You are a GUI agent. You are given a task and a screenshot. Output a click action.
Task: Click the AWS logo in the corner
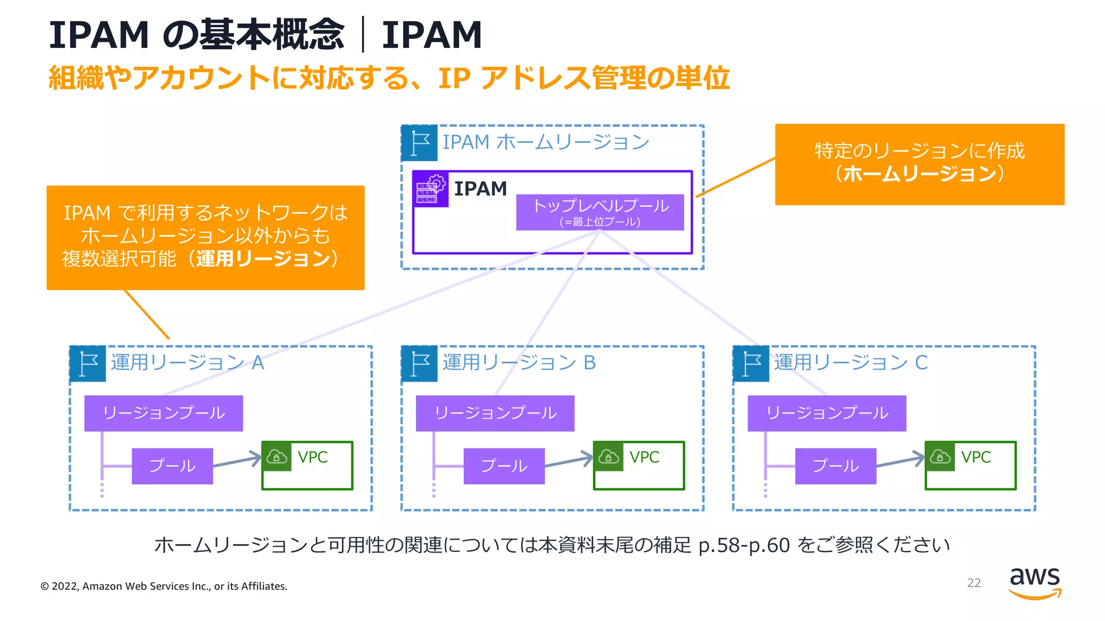click(1034, 582)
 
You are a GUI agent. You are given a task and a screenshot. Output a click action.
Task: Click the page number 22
click(973, 583)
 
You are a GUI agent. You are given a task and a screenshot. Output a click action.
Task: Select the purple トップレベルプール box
click(599, 212)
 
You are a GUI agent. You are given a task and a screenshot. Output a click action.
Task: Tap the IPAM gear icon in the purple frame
click(431, 189)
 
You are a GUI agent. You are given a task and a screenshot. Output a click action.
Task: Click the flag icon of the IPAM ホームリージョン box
click(420, 143)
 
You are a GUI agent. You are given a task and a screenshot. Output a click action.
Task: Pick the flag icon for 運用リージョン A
click(88, 364)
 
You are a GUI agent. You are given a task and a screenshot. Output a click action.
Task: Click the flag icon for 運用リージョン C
click(751, 364)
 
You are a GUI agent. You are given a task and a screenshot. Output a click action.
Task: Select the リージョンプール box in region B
click(495, 413)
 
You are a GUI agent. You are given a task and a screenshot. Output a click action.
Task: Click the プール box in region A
click(172, 466)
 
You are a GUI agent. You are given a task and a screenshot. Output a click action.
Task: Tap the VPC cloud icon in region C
click(939, 457)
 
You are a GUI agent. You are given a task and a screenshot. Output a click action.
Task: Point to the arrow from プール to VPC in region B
click(568, 461)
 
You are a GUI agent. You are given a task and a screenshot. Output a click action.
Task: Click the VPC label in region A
click(312, 457)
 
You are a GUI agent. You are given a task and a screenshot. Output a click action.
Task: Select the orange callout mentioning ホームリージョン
click(919, 164)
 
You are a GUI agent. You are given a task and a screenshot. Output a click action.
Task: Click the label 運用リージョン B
click(519, 363)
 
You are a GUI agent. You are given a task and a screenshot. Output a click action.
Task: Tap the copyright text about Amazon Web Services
click(164, 586)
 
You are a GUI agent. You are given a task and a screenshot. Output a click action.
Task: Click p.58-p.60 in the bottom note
click(744, 546)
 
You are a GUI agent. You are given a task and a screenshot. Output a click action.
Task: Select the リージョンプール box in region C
click(827, 413)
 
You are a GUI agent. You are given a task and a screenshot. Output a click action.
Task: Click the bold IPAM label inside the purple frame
click(480, 189)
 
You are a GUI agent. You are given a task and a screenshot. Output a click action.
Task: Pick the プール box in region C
click(835, 466)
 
